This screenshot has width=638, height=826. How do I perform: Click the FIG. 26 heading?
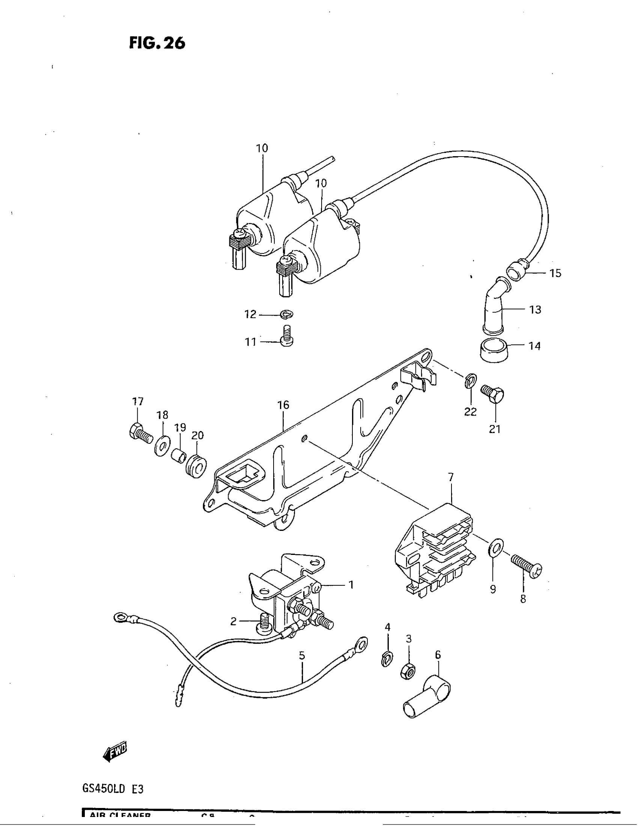[x=157, y=43]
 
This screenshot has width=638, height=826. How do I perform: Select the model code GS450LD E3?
[x=113, y=789]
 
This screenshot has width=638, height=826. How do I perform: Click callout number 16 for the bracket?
[x=283, y=405]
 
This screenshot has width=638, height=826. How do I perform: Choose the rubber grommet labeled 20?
[x=196, y=466]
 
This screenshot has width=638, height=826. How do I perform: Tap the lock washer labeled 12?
[x=287, y=314]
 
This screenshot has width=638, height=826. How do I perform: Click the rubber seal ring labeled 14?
[x=494, y=351]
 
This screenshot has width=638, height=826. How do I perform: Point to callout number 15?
[x=555, y=273]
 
